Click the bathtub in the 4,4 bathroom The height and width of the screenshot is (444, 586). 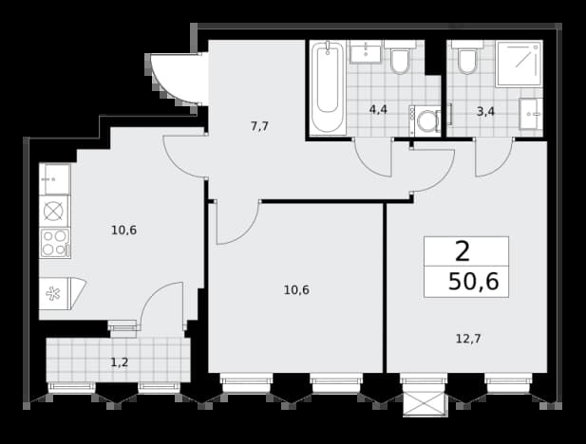pos(328,87)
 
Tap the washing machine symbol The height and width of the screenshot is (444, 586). pos(425,120)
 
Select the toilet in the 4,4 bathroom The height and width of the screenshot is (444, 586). pos(400,57)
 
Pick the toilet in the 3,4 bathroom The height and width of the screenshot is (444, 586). pos(467,57)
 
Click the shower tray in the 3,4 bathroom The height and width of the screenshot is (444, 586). pos(520,64)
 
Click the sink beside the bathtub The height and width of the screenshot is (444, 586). pos(366,52)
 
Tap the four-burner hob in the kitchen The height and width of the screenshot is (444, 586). pos(55,243)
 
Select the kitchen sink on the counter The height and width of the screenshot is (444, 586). pos(55,179)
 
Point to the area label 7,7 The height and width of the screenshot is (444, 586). pos(259,126)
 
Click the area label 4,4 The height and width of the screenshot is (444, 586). pos(378,110)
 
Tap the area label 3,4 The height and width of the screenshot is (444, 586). pos(486,111)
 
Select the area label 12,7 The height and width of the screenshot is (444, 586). pos(468,339)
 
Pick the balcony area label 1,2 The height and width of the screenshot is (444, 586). pos(120,361)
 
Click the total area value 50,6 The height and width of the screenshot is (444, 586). pos(474,281)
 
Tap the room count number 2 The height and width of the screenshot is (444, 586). pos(463,251)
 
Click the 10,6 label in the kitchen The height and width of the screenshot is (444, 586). pos(124,231)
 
